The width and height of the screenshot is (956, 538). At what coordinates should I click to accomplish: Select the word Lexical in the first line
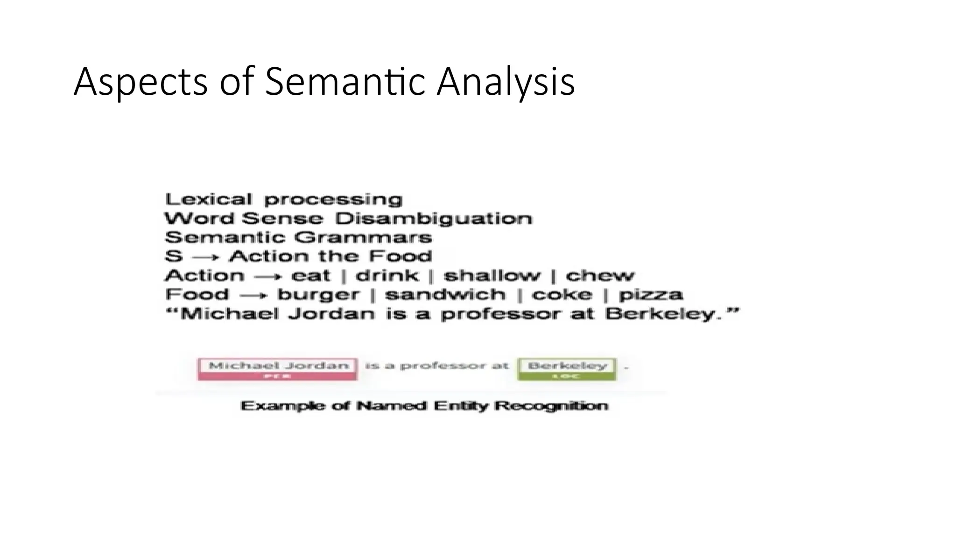[208, 199]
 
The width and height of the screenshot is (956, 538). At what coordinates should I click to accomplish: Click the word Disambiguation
[434, 219]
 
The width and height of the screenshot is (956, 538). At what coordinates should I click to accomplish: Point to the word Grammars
[364, 237]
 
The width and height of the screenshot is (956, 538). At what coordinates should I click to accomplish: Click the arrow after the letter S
[205, 257]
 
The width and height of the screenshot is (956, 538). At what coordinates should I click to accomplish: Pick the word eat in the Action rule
[310, 276]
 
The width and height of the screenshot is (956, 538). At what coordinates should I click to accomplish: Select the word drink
[387, 276]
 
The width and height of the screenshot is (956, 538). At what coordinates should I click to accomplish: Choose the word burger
[318, 295]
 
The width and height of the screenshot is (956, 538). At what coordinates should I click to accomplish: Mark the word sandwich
[445, 295]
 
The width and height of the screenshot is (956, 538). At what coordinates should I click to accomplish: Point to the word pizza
[651, 295]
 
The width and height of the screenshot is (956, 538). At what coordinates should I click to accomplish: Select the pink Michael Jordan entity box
[278, 369]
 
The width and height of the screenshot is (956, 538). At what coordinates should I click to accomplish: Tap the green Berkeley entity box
[567, 369]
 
